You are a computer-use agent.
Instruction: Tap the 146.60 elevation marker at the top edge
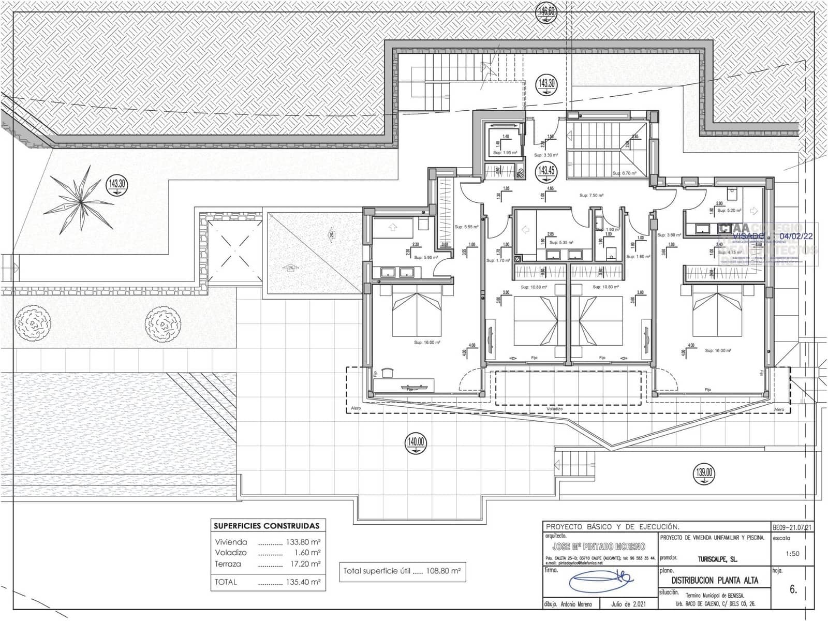pos(546,10)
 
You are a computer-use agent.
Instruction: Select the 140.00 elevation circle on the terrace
pos(416,442)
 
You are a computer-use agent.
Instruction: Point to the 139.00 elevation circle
pos(704,472)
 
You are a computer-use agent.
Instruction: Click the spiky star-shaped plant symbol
pos(80,198)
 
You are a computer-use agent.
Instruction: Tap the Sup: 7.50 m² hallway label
pos(592,196)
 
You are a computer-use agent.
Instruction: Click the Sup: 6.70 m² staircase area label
pos(624,173)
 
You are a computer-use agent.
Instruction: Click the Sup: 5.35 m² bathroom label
pos(561,242)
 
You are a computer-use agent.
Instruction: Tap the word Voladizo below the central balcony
pos(554,409)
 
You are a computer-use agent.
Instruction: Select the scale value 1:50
pos(792,553)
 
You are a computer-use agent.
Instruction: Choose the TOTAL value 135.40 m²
pos(303,582)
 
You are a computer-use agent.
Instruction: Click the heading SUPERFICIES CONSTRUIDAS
pos(267,526)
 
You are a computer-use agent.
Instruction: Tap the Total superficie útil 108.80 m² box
pos(402,571)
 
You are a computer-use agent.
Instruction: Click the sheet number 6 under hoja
pos(793,589)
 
